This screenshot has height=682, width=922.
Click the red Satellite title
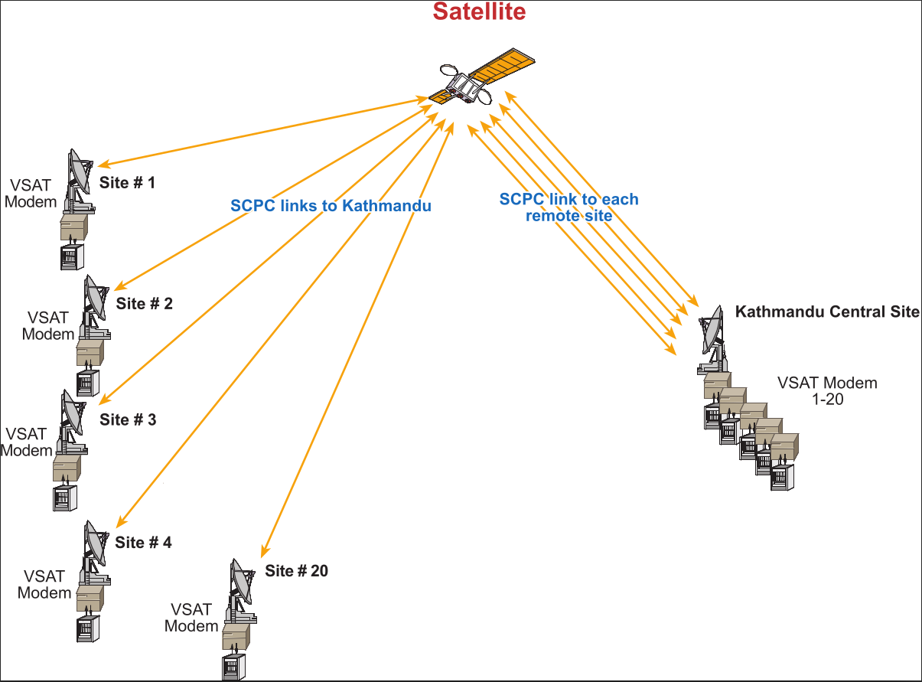[479, 11]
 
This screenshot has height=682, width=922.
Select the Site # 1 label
[127, 183]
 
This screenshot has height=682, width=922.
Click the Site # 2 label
[145, 304]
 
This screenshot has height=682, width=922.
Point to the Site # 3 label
[128, 419]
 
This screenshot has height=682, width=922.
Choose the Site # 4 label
[144, 543]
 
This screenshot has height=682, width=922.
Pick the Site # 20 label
[297, 571]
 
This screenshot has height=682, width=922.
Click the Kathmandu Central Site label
[826, 312]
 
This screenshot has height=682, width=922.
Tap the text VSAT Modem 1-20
[827, 390]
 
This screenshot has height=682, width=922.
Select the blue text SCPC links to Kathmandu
[331, 206]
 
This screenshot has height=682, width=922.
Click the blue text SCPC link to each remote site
[569, 207]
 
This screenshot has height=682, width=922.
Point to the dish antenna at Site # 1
[78, 172]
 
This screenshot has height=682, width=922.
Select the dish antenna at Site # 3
[72, 414]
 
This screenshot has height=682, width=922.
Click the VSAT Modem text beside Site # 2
[48, 325]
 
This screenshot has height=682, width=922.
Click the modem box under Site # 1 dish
[74, 227]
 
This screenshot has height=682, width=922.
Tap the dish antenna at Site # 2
[96, 297]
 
